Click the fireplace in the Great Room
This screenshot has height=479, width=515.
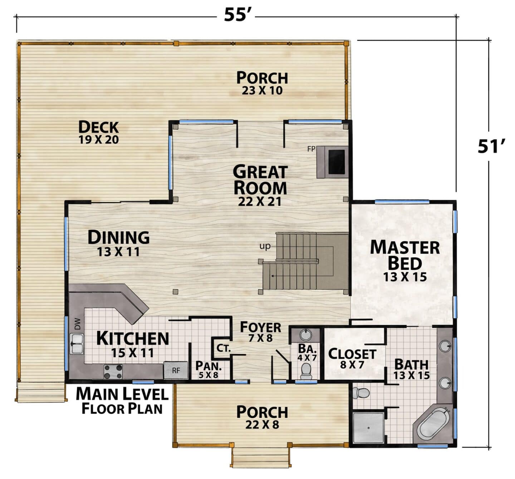pos(333,162)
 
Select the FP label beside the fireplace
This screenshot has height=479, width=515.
pos(311,149)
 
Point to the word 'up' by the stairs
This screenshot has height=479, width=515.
pos(265,246)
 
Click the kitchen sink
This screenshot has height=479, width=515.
pos(77,344)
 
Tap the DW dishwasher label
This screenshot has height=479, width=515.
pos(78,324)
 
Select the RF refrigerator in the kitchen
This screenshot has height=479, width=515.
pos(176,370)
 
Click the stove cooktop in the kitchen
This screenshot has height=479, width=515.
pos(113,371)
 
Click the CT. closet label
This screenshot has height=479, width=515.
pos(224,348)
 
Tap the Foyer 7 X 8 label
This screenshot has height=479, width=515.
pos(260,331)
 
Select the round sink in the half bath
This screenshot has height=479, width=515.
pos(306,335)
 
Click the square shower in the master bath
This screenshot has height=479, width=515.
pos(368,428)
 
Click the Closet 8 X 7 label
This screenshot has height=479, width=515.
pos(352,358)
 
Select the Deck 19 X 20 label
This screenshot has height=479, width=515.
pos(99,132)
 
